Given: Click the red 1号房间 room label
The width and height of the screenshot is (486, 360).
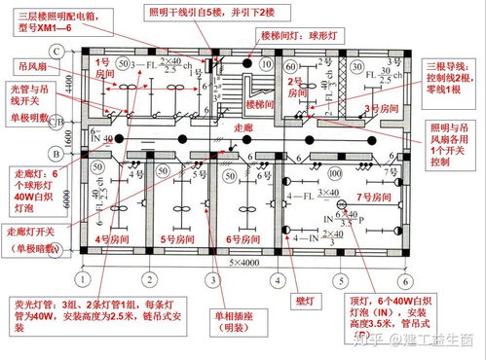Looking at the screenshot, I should (104, 74).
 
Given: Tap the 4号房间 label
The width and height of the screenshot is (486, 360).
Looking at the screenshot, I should (104, 239).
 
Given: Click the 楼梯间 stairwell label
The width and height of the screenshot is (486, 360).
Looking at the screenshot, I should (259, 104).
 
